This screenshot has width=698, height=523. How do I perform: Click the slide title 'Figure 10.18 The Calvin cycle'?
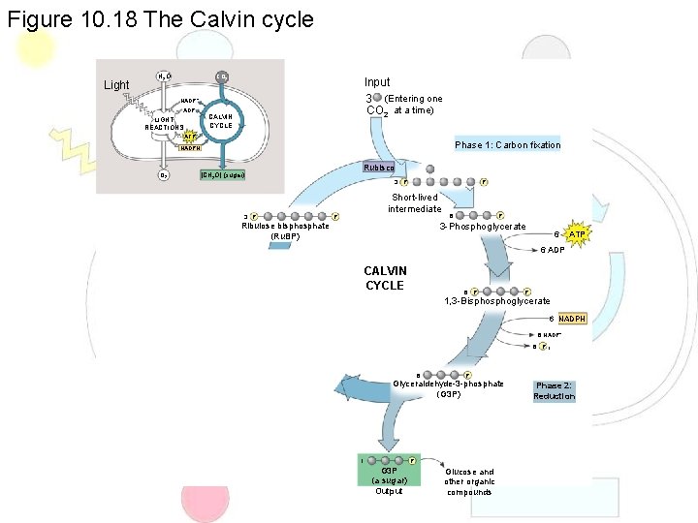point(160,18)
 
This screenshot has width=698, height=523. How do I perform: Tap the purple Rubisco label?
point(379,167)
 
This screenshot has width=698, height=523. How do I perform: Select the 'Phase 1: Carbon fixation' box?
point(507,145)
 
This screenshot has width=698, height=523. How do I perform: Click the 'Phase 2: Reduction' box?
point(555,390)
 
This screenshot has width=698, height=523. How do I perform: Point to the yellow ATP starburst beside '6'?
point(577,234)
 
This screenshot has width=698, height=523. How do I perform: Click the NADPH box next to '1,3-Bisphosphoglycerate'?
point(572,319)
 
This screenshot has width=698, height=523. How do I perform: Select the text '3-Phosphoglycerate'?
point(482,227)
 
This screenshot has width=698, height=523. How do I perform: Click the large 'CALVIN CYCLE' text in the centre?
point(385,278)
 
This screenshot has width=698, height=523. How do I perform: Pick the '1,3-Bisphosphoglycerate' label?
point(496,301)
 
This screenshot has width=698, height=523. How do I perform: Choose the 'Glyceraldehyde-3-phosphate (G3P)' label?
point(448,388)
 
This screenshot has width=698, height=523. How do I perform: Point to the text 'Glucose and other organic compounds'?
point(469,481)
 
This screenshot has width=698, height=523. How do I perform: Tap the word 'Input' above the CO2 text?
point(377,83)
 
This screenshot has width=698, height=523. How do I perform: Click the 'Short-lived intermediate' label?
point(414,202)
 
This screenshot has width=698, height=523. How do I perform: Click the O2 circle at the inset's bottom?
point(165,175)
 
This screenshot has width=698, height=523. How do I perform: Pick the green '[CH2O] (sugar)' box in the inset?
point(221,175)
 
